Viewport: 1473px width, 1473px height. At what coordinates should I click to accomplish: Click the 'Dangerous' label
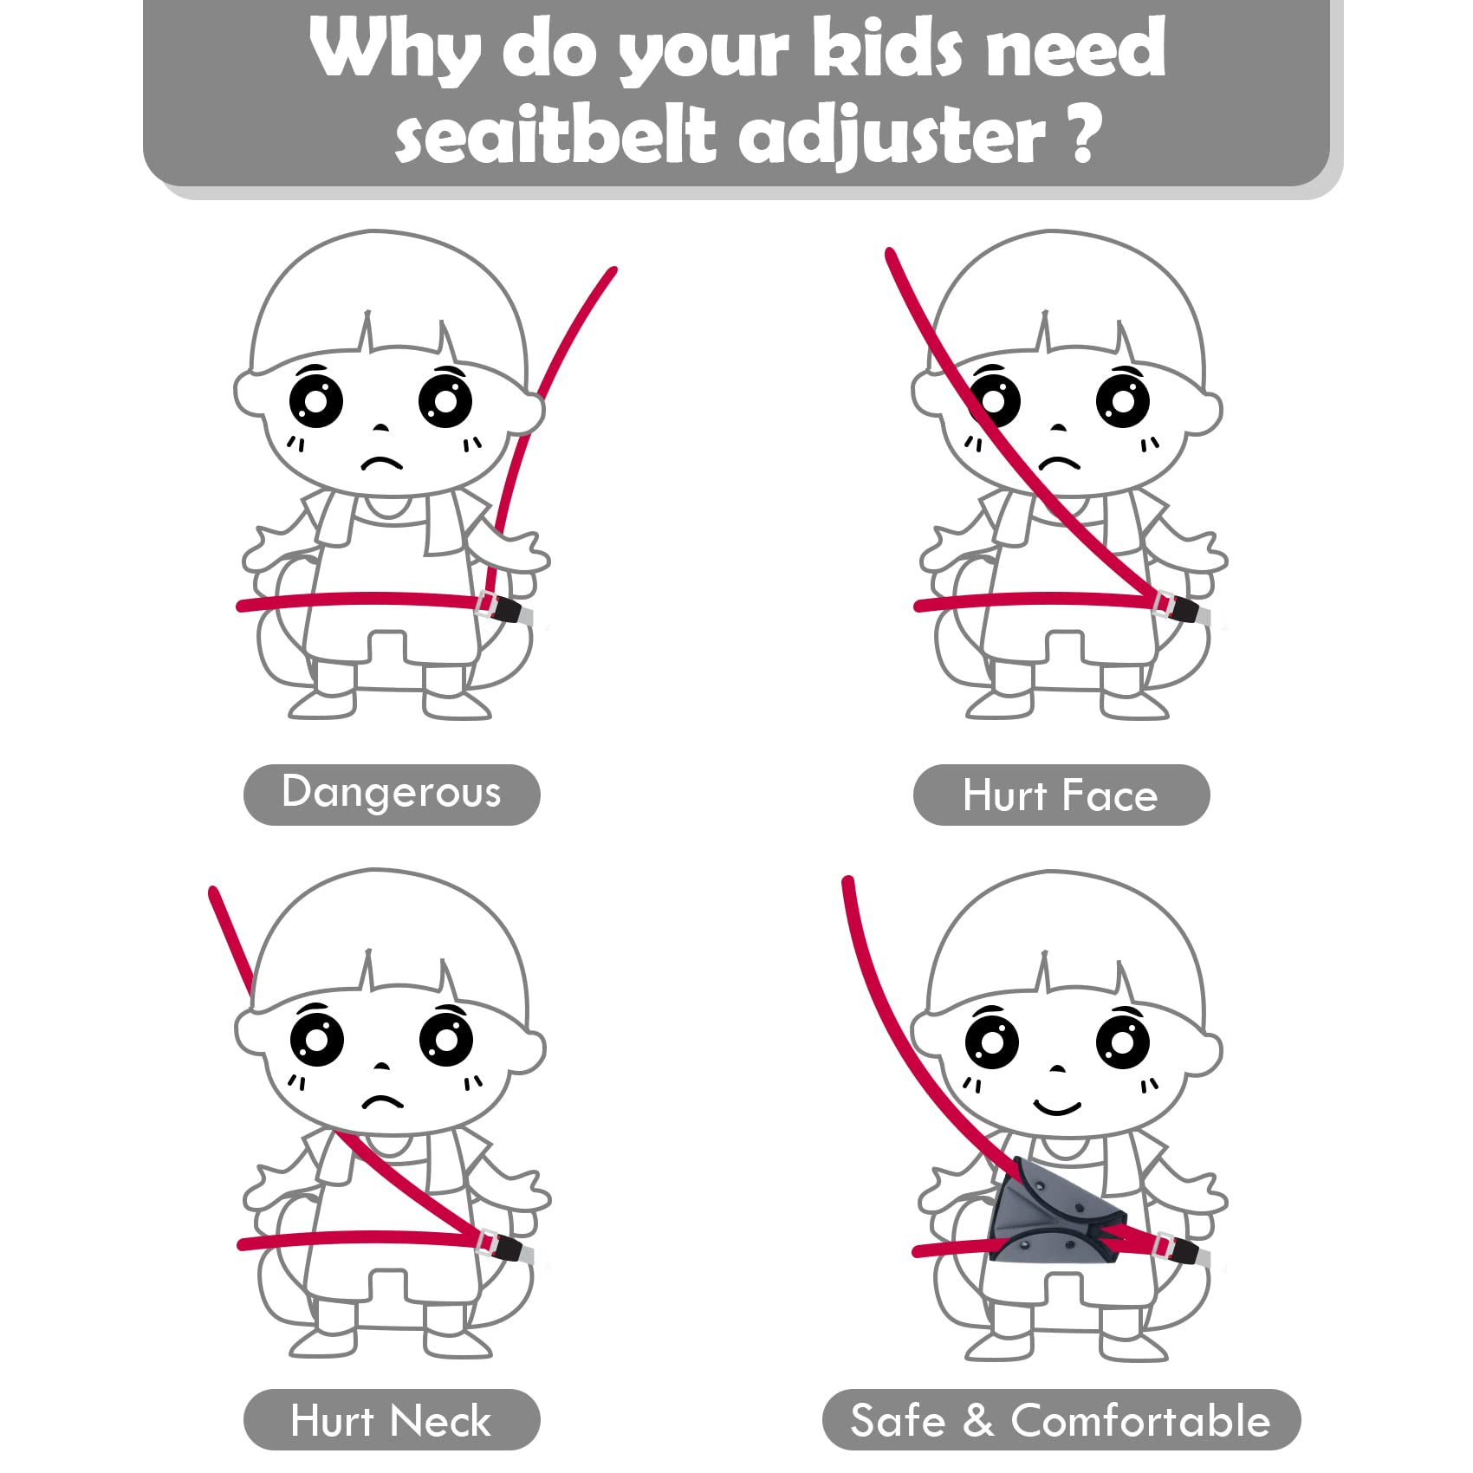392,794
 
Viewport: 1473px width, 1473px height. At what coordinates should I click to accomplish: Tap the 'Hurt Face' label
1061,795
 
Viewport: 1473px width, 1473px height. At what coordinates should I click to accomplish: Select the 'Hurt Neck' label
392,1419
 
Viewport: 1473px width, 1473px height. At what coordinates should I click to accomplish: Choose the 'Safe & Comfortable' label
1061,1419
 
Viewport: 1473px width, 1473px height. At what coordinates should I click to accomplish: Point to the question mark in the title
1085,134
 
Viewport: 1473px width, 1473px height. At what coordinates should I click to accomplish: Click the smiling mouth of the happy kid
1057,1106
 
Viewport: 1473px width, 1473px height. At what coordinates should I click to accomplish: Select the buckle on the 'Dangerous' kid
500,607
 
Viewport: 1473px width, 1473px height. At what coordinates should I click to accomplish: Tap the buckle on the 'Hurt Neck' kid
501,1246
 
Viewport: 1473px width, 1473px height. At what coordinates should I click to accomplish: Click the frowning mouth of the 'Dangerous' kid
382,463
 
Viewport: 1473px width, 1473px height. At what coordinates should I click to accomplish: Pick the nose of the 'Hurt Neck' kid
381,1066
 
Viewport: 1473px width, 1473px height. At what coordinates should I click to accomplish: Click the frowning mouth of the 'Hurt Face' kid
1059,463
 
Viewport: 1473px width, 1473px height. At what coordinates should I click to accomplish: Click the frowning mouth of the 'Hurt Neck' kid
382,1102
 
